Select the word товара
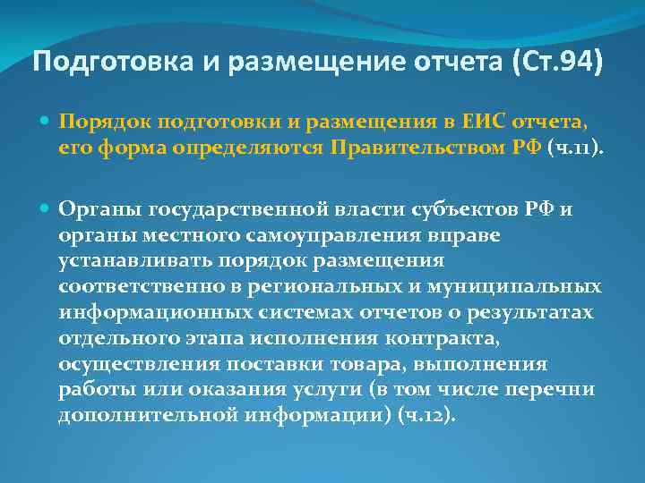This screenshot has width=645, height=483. [325, 365]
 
